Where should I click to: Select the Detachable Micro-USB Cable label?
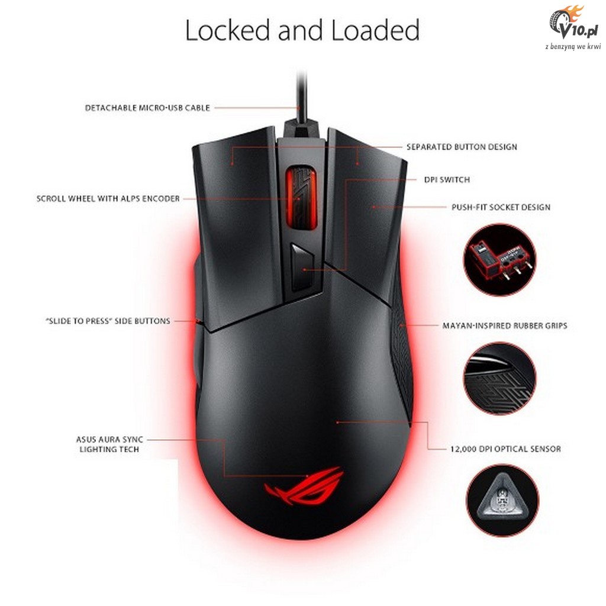point(147,108)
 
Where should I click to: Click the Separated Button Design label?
point(462,147)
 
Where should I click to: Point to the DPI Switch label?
point(447,180)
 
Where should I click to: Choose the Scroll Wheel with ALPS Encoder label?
point(108,199)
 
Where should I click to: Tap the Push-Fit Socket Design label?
point(501,207)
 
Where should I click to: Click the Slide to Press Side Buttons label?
point(108,321)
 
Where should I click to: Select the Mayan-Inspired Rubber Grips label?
point(505,326)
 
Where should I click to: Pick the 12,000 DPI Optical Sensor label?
point(505,449)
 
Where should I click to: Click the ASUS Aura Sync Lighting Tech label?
point(109,444)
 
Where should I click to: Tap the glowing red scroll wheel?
point(301,197)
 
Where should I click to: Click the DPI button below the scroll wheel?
point(302,267)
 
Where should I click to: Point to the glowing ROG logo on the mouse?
point(303,486)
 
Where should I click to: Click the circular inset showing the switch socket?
point(499,260)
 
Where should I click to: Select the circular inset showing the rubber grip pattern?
point(499,378)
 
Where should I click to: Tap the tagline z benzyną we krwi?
point(573,46)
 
